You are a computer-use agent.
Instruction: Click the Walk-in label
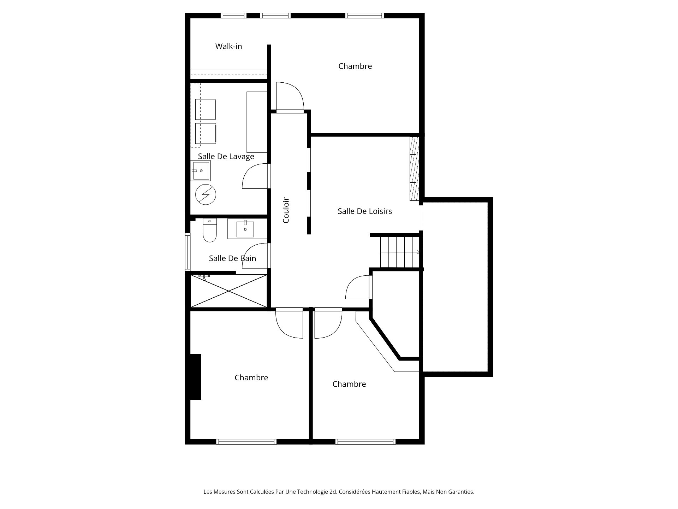tap(228, 46)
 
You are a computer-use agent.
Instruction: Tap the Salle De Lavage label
tap(226, 156)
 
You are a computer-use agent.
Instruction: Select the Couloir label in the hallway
tap(286, 210)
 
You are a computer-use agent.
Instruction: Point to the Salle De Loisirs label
tap(365, 211)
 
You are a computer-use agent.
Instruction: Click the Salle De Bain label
tap(232, 258)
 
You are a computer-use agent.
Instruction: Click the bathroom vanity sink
tap(245, 229)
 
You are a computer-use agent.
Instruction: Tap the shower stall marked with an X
tap(229, 291)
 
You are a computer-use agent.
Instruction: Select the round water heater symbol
tap(206, 194)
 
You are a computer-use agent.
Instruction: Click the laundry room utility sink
tap(201, 171)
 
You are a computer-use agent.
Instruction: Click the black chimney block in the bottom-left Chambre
tap(196, 377)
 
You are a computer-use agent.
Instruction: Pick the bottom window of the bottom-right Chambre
tap(365, 441)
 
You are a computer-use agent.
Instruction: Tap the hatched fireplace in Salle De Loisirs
tap(414, 169)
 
